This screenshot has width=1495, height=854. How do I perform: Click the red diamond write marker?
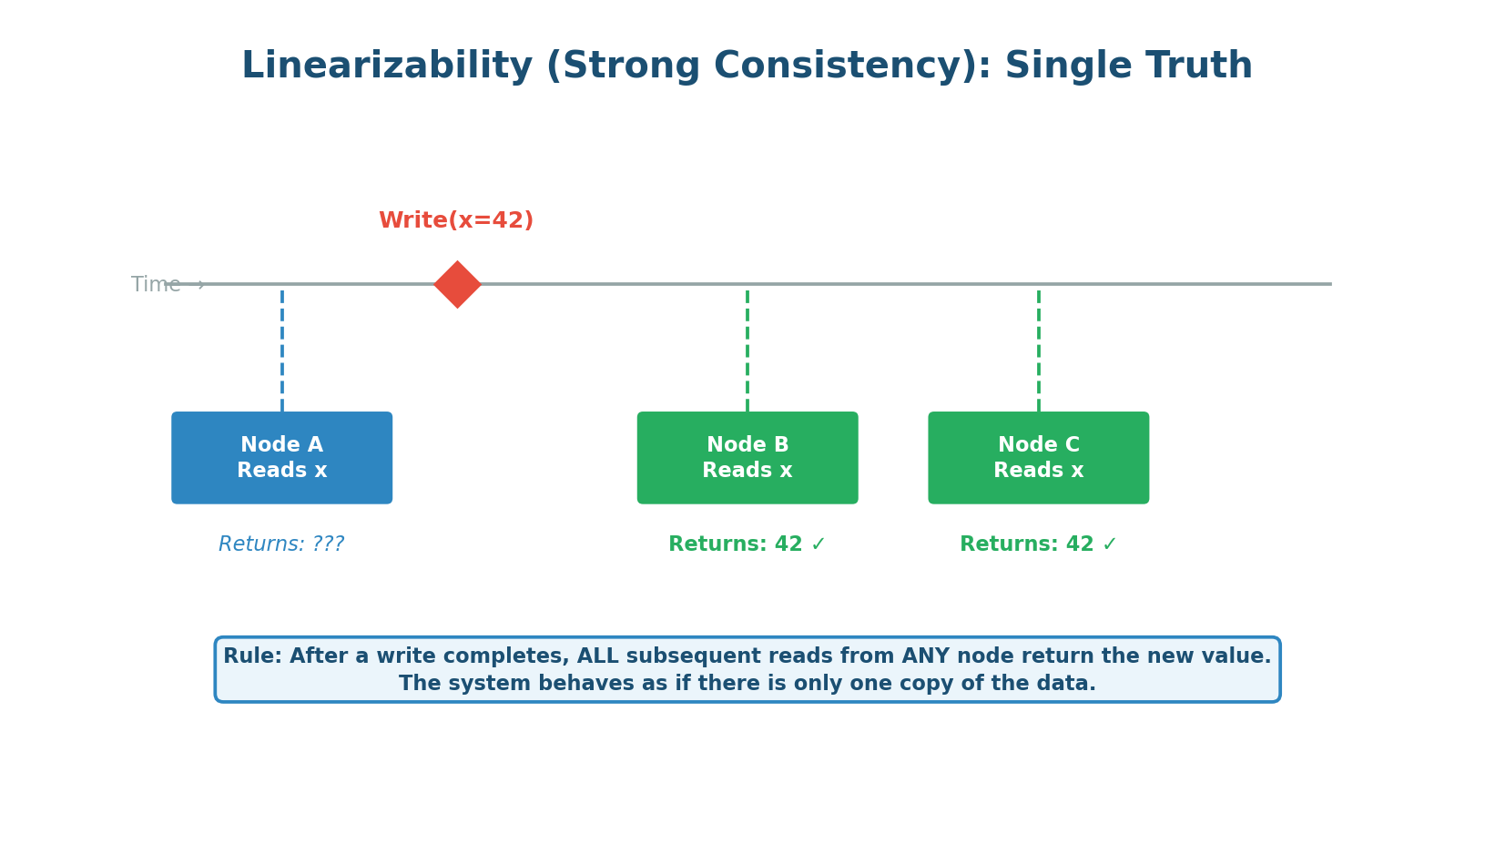[457, 285]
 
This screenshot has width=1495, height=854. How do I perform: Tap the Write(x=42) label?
[456, 221]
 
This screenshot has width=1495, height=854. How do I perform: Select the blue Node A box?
[282, 458]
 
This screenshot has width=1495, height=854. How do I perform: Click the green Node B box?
[747, 458]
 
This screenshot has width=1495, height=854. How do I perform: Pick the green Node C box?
[1039, 458]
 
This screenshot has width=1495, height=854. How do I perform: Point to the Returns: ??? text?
[281, 544]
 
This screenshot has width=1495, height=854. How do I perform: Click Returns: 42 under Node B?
[736, 544]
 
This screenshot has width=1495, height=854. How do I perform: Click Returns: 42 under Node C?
[1027, 544]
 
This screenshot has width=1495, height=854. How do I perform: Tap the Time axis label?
[157, 285]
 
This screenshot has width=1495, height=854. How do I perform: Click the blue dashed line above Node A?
[282, 351]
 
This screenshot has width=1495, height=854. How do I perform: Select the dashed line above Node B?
[747, 351]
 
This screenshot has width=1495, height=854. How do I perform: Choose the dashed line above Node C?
[1039, 351]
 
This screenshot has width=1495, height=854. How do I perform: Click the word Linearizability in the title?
[387, 66]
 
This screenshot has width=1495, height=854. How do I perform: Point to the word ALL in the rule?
[597, 656]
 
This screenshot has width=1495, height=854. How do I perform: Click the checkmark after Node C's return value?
[1109, 544]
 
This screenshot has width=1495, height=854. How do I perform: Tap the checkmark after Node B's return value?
[818, 544]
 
